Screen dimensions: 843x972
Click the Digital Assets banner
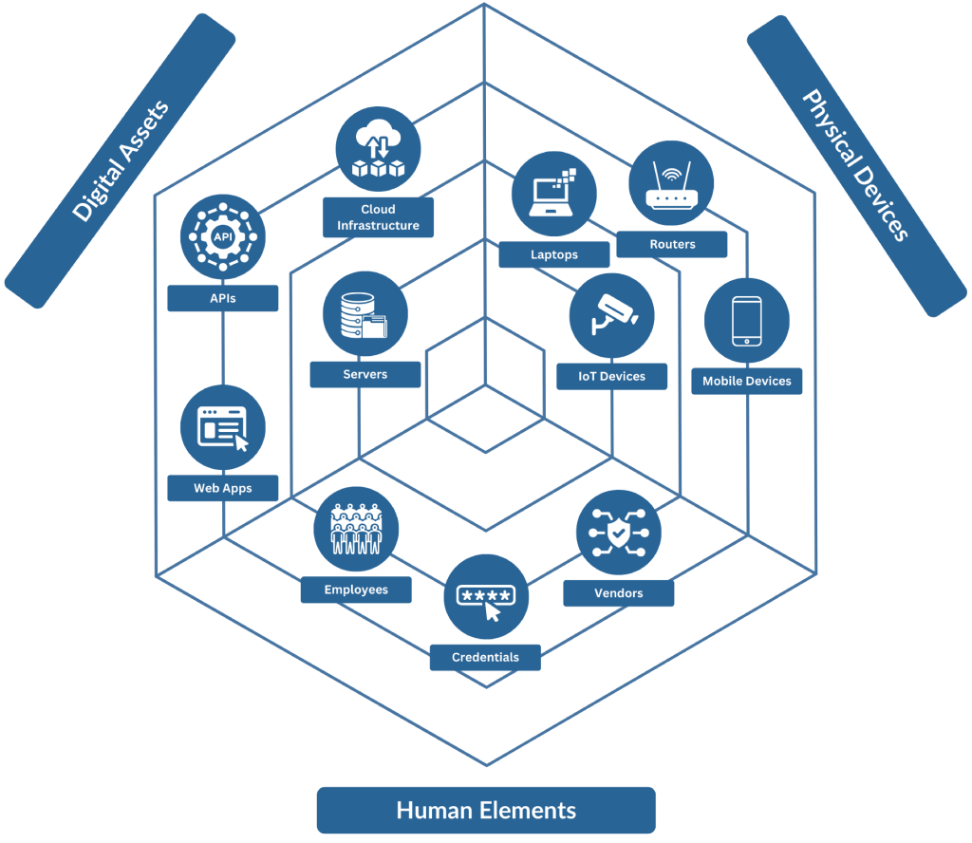tap(121, 160)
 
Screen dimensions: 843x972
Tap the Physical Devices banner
tap(856, 165)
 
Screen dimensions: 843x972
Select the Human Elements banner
tap(486, 810)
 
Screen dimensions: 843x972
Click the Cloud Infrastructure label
tap(378, 217)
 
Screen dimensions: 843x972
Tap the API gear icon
tap(223, 236)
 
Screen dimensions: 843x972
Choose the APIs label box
tap(223, 298)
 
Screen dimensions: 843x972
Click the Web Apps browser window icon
tap(223, 427)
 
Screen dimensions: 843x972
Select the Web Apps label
tap(223, 488)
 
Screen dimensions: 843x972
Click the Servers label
tap(365, 374)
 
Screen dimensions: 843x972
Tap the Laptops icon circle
tap(554, 195)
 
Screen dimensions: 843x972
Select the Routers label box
tap(672, 244)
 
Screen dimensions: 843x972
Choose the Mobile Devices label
tap(746, 381)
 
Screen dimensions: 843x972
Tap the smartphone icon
tap(746, 321)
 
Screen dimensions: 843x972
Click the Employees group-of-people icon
tap(356, 530)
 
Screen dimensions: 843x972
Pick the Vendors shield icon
tap(619, 533)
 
